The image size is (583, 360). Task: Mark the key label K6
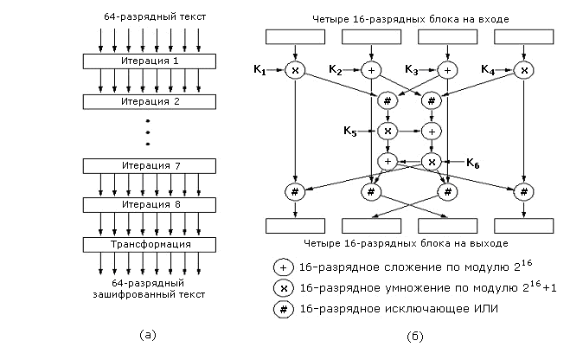tap(473, 162)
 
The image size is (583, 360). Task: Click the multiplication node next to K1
tap(296, 70)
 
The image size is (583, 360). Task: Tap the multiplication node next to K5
tap(388, 132)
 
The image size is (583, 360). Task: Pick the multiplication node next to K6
tap(432, 161)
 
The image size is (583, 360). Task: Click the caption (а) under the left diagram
tap(147, 333)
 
